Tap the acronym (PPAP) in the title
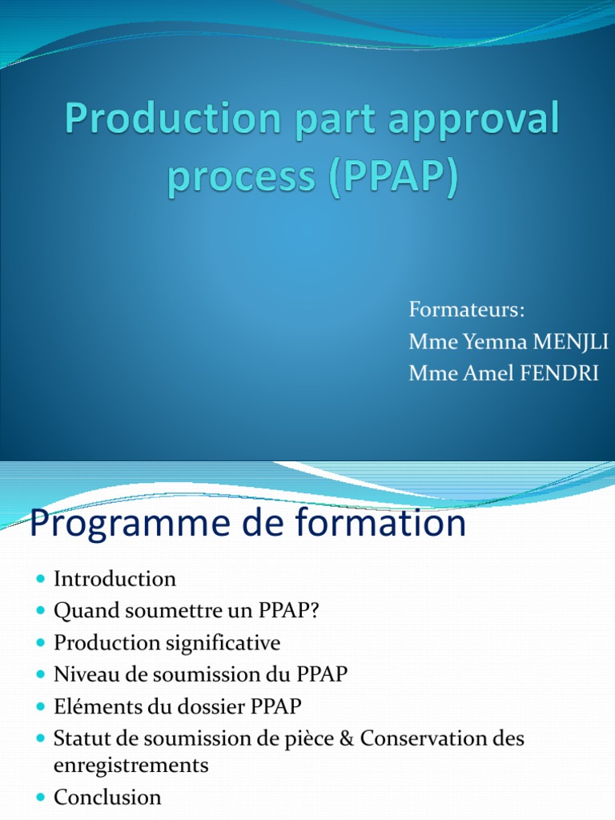[x=394, y=175]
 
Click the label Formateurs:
[x=467, y=309]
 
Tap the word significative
[x=223, y=643]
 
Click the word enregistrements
[x=131, y=766]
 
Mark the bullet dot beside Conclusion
[x=42, y=797]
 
